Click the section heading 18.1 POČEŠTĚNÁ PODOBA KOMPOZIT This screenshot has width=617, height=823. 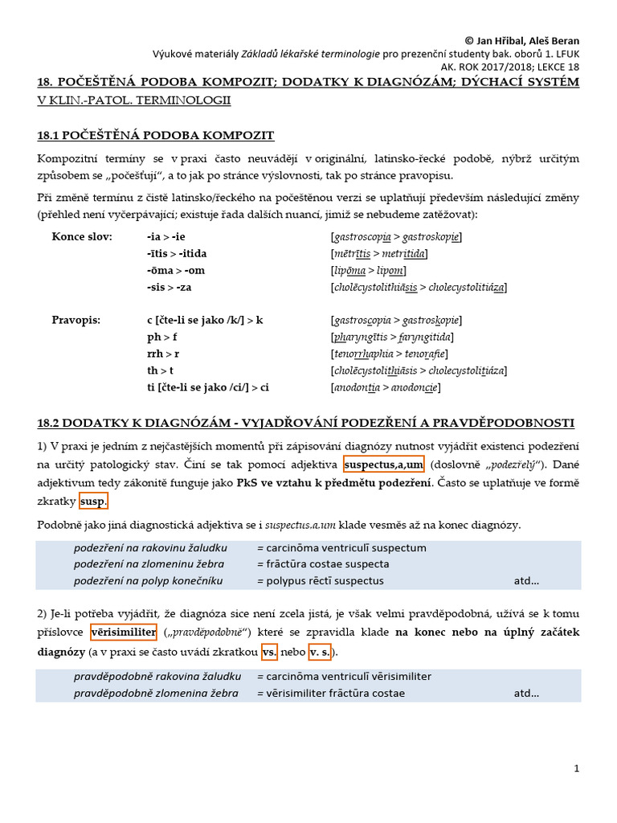coord(156,135)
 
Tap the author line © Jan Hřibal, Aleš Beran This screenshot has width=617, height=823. coord(522,41)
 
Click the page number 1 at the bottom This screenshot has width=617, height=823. coord(576,769)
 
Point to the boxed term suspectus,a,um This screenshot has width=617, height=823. coord(383,465)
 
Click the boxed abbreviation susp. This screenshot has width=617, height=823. coord(92,502)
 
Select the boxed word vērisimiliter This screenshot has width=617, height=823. coord(123,633)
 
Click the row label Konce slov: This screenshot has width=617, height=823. coord(83,237)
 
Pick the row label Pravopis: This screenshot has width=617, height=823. coord(76,320)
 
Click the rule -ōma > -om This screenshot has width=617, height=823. coord(170,270)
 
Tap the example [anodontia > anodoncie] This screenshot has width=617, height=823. coord(385,387)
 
